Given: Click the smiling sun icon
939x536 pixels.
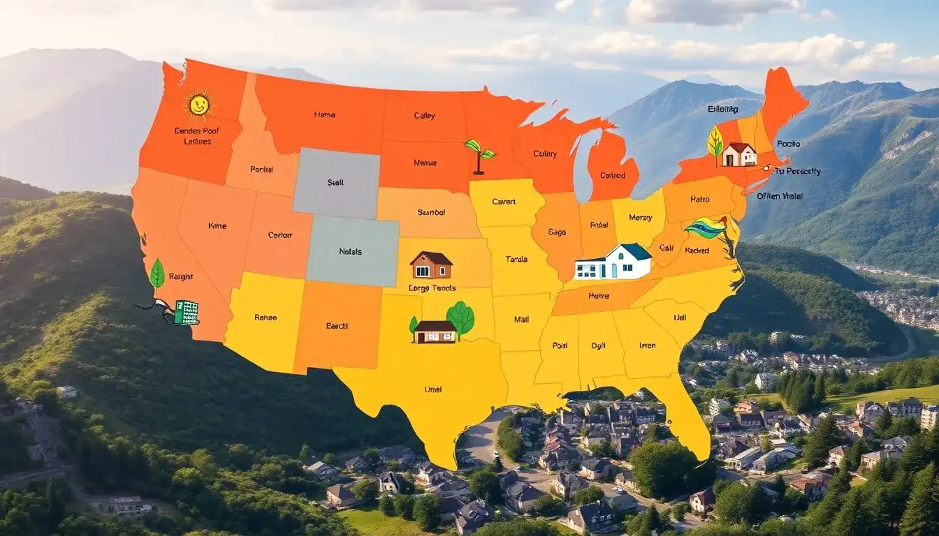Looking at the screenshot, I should point(198,105).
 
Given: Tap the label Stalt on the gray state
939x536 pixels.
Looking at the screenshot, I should point(335,182).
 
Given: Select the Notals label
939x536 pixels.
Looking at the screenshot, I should point(351,251).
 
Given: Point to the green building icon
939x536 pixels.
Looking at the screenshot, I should point(186,312).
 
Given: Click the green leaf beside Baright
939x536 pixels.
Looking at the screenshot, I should point(157,273).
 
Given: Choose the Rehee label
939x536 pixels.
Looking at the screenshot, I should point(265,318).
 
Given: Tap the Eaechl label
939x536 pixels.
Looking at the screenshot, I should point(337,326).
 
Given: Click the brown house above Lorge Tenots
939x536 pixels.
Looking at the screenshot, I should point(431,265).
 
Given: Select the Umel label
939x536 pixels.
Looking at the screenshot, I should point(433,389).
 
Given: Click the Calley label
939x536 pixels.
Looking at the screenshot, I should point(424,116).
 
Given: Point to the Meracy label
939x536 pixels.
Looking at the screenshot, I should point(640,218).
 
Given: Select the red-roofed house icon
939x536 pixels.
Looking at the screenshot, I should point(738,154).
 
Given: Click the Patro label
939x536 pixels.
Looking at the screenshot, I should point(699,200).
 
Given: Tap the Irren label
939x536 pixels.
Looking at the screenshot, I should point(647,345).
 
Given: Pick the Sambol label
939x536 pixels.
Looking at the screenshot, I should point(431,212).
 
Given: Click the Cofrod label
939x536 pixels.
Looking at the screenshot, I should point(613,176).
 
